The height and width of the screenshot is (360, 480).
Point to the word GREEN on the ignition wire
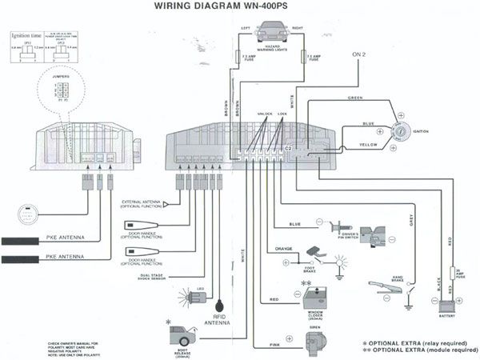356,97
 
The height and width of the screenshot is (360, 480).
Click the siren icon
317,342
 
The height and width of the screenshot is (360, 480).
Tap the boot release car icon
181,334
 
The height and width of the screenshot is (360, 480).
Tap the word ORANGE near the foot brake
286,248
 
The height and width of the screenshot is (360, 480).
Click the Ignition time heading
26,37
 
